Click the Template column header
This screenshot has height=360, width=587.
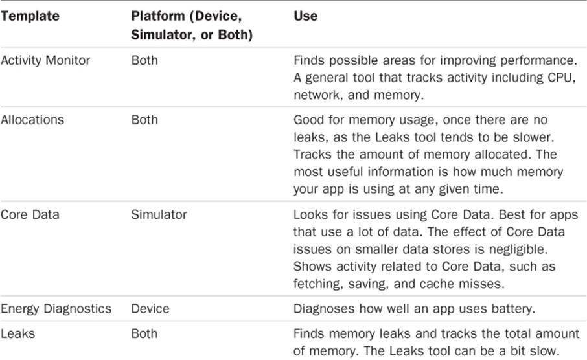point(30,16)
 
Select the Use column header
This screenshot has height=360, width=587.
point(305,16)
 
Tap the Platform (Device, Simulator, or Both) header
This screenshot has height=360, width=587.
point(192,25)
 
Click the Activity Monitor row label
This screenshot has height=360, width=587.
point(45,60)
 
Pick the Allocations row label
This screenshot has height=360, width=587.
point(32,120)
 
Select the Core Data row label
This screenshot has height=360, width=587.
point(30,214)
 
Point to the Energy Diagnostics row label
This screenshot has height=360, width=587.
point(56,309)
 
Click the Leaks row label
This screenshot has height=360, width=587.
point(17,333)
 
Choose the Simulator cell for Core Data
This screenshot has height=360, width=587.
point(159,214)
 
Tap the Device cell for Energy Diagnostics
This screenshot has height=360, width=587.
point(150,309)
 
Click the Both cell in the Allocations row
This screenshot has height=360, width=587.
point(144,120)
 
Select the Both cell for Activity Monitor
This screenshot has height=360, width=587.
point(144,60)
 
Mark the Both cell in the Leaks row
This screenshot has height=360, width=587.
point(144,333)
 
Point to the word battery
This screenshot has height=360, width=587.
point(513,309)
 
